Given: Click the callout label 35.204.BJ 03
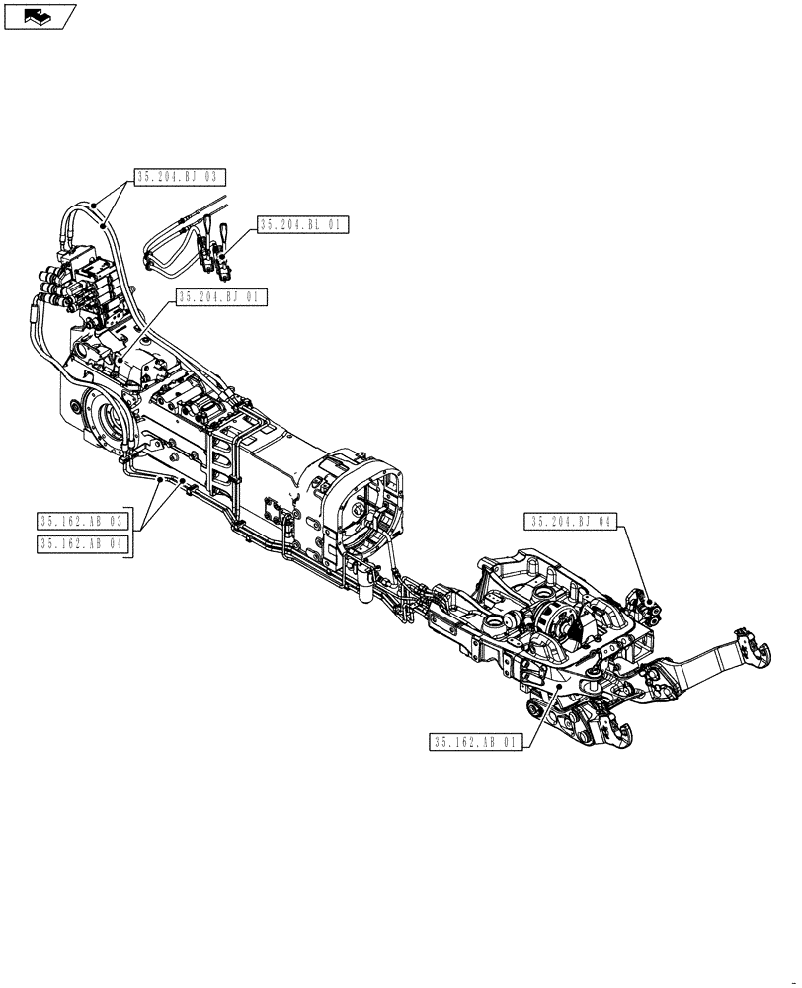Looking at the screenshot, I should click(181, 177).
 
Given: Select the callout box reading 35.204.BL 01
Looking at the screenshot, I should click(302, 225).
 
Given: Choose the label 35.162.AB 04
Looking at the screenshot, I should click(83, 543).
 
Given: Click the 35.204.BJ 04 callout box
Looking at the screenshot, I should click(572, 521).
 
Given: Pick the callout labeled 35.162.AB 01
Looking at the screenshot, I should click(474, 742).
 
